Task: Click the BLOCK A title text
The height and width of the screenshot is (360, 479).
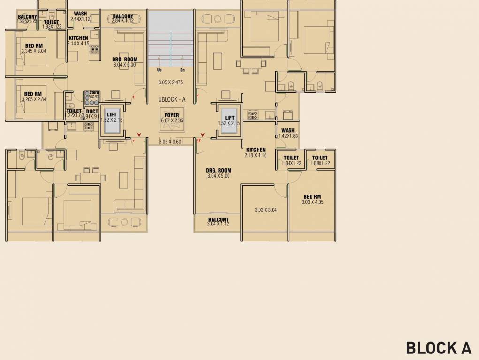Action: (438, 348)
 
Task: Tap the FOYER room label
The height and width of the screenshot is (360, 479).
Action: (171, 115)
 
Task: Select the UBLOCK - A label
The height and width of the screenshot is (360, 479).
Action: (171, 99)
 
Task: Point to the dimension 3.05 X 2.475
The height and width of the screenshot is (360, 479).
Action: (171, 82)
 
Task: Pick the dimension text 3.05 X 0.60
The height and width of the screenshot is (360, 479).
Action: (170, 142)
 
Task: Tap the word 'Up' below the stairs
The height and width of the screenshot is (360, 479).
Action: (159, 70)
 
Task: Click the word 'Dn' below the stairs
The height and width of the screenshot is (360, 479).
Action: (182, 70)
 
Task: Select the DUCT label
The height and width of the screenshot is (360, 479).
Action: (92, 112)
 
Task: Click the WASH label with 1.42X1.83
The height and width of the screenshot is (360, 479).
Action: (288, 131)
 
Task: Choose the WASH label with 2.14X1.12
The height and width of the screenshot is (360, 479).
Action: (80, 14)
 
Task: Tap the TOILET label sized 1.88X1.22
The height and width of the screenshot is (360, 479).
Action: (320, 158)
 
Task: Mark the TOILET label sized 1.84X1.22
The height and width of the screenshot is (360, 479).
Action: (291, 158)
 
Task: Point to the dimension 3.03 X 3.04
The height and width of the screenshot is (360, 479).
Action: (266, 210)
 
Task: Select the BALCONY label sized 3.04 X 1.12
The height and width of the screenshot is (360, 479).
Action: (218, 219)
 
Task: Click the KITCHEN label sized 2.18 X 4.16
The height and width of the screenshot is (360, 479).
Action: (256, 150)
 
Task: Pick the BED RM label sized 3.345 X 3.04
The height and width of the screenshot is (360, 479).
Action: (33, 45)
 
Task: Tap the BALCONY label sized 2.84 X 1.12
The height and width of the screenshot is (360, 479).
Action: (123, 16)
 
